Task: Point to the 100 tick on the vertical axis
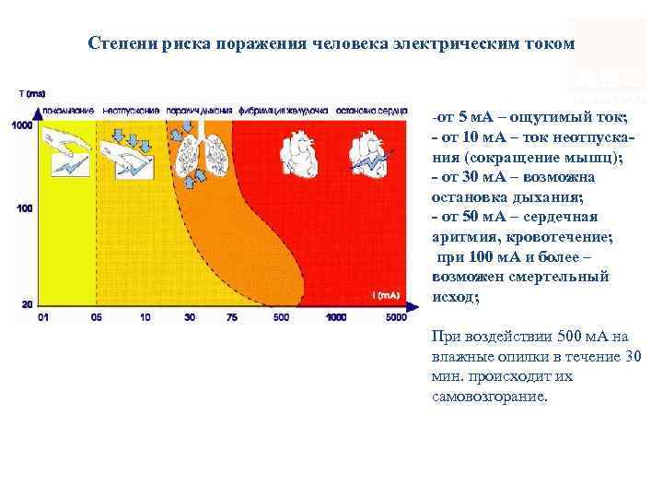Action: coord(25,208)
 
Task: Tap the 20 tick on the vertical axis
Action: coord(27,303)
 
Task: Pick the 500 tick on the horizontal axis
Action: coord(281,317)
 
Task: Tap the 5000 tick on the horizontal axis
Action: coord(396,317)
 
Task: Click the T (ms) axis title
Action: coord(32,94)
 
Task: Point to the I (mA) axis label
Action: coord(386,296)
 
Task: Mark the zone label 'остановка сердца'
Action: coord(372,110)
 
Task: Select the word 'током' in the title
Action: coord(550,43)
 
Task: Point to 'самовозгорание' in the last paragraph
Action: coord(488,397)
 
